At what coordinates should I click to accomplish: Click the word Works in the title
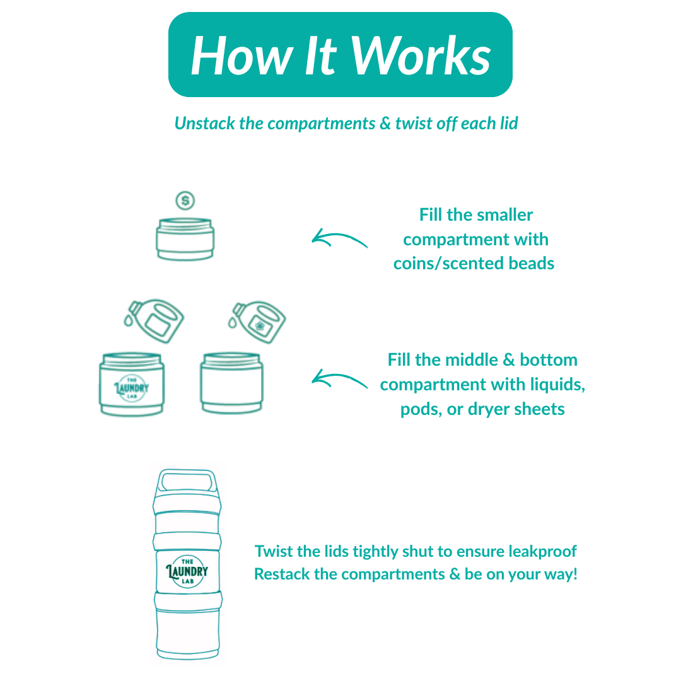[421, 55]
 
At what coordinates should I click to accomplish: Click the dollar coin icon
[185, 201]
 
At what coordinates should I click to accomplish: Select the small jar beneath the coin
[185, 239]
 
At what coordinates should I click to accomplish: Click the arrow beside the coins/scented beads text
[339, 239]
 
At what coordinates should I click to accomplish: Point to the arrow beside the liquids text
[339, 380]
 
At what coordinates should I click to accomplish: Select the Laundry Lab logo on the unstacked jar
[132, 386]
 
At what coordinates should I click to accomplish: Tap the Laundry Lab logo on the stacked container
[187, 572]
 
